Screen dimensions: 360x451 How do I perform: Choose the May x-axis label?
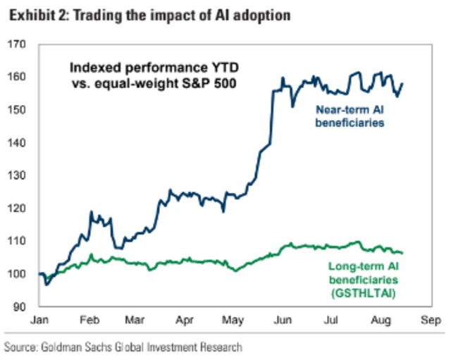(x=233, y=319)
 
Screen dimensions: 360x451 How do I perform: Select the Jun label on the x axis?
(x=283, y=319)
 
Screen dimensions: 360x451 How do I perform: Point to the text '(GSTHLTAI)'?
(x=364, y=290)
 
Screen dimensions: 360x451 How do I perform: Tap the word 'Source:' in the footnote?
(x=21, y=347)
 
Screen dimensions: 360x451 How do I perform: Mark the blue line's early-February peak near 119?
(x=91, y=211)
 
